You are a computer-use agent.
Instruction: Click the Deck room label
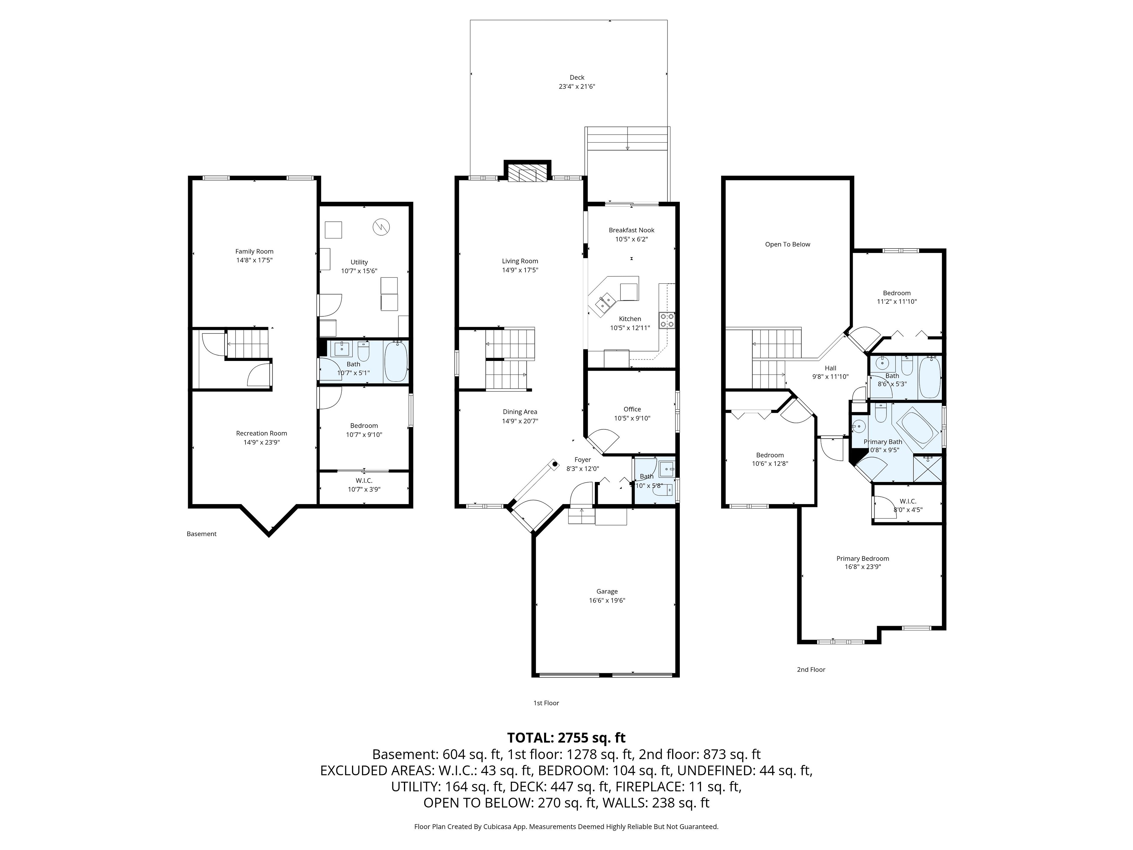click(577, 77)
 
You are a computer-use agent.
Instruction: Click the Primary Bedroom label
click(862, 558)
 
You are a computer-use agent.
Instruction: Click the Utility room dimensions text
click(359, 271)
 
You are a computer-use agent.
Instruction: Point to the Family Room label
click(255, 251)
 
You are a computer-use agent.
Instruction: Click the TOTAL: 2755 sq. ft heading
click(566, 738)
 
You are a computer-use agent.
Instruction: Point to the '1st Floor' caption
click(546, 703)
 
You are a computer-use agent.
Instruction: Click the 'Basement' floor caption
click(201, 534)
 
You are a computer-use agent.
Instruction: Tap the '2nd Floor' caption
click(811, 670)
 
